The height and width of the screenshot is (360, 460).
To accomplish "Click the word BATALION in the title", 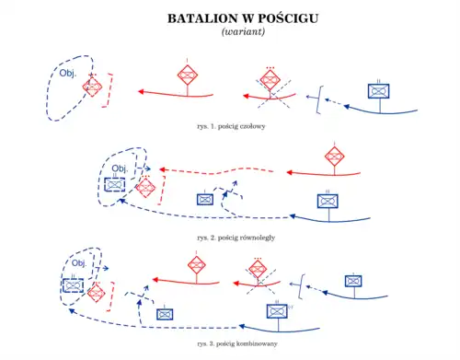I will pos(196,18).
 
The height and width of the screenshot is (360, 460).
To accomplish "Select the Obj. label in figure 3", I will pos(79,263).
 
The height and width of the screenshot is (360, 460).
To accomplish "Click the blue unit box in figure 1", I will pos(379,90).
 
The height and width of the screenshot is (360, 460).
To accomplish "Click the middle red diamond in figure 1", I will pos(187,76).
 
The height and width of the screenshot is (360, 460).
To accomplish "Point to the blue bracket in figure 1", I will pos(318,98).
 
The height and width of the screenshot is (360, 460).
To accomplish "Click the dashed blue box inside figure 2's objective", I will pos(114,184).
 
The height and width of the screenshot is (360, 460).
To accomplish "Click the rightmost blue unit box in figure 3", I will pos(352,281).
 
